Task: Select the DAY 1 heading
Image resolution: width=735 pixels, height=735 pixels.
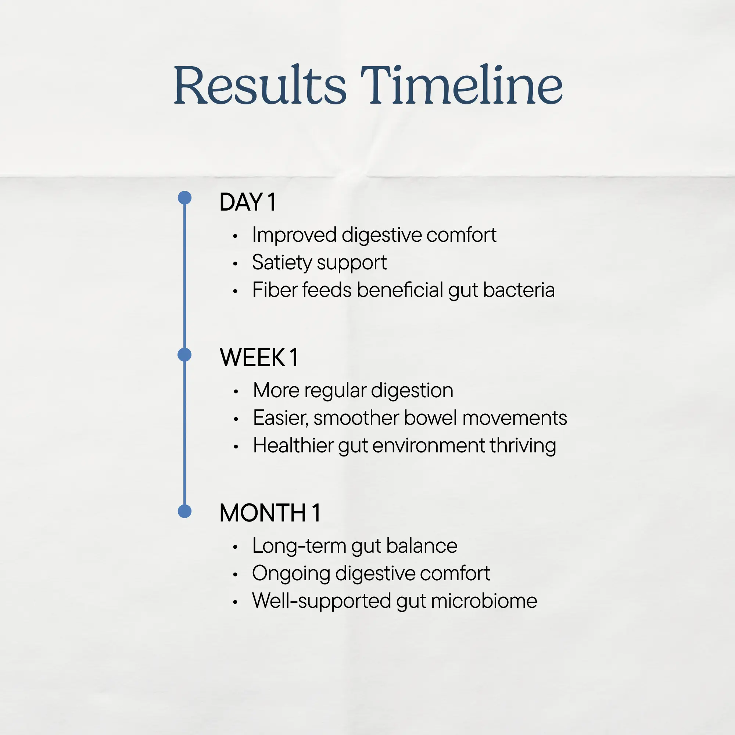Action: pyautogui.click(x=248, y=202)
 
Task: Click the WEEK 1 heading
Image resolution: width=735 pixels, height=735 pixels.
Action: pyautogui.click(x=259, y=357)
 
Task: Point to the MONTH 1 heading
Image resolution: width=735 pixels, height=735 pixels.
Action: pyautogui.click(x=270, y=512)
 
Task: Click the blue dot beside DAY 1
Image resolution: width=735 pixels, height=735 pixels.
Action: pyautogui.click(x=184, y=198)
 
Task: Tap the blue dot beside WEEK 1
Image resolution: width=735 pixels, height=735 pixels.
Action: pyautogui.click(x=184, y=355)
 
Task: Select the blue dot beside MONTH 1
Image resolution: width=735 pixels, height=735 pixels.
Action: pyautogui.click(x=184, y=511)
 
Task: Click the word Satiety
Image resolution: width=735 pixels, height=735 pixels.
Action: pyautogui.click(x=282, y=263)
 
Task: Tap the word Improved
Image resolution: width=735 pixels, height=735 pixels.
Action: pyautogui.click(x=294, y=235)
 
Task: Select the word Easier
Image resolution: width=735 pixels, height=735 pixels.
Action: pyautogui.click(x=280, y=418)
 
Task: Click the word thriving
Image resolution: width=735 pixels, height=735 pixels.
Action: pyautogui.click(x=523, y=446)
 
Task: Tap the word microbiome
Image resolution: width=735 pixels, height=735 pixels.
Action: pyautogui.click(x=484, y=601)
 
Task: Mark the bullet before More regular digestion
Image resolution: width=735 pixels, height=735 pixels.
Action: pyautogui.click(x=236, y=391)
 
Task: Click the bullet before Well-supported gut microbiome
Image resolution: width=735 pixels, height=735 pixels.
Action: pyautogui.click(x=236, y=602)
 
